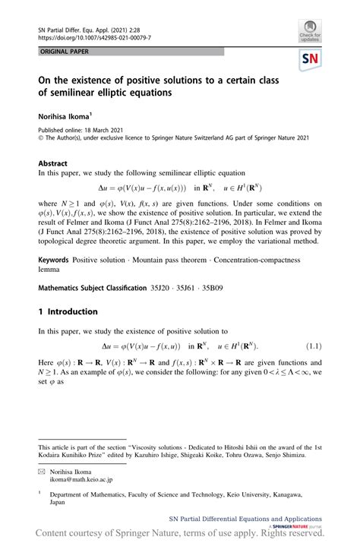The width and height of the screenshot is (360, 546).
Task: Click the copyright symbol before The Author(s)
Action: tap(41, 137)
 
